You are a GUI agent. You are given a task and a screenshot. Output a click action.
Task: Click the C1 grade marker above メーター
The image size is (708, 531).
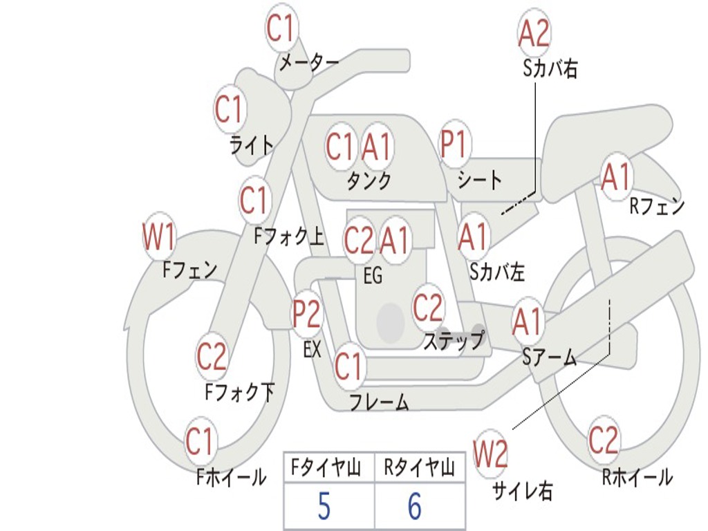(282, 28)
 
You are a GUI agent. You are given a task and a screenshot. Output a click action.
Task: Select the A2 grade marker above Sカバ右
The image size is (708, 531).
(534, 33)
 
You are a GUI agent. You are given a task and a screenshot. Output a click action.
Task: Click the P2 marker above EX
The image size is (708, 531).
(307, 314)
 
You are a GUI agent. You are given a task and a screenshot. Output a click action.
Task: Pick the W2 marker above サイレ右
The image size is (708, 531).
(490, 454)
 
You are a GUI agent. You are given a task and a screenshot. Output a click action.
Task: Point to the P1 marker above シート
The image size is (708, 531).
(454, 144)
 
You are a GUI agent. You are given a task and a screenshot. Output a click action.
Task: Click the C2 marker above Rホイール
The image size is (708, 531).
(603, 440)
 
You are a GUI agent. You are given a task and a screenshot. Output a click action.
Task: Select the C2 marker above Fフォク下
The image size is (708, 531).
(212, 356)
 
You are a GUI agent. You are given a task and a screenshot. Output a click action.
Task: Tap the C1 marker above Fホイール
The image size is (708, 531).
(198, 441)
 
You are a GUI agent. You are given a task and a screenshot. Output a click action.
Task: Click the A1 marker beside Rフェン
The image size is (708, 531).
(615, 177)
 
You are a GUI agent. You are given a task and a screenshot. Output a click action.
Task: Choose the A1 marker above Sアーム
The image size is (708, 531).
(527, 322)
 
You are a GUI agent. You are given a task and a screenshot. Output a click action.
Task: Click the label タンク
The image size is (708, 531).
(369, 180)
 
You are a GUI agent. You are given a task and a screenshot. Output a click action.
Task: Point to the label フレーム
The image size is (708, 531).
(379, 402)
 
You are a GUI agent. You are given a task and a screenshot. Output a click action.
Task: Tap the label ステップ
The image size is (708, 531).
(454, 341)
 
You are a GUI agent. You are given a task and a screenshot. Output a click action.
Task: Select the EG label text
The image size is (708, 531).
(373, 275)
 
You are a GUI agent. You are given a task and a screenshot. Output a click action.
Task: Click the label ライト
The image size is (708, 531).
(252, 145)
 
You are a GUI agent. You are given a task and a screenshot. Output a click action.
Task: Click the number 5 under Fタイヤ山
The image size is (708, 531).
(324, 506)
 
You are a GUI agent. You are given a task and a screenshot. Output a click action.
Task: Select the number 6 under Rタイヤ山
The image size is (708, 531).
(415, 506)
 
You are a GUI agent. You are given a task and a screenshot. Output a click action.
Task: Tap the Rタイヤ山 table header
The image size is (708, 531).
(419, 468)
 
